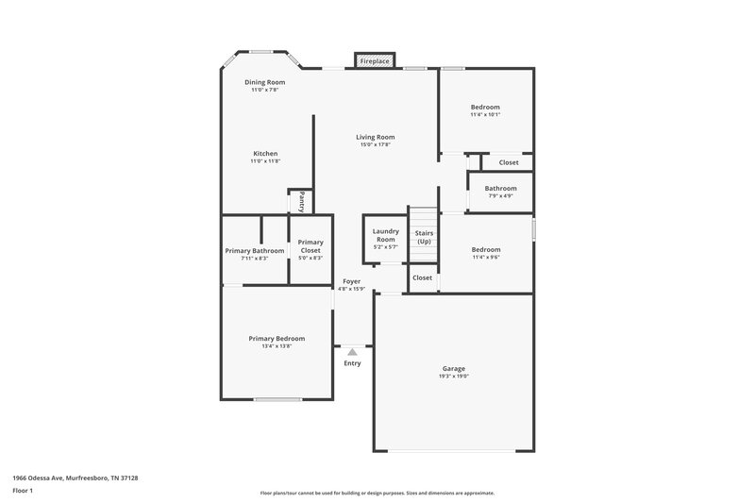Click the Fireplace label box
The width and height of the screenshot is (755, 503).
[x=374, y=61]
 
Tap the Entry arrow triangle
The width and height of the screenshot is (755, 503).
[x=352, y=351]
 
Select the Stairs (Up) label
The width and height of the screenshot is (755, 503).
[x=424, y=237]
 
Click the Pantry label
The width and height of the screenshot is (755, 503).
[x=301, y=201]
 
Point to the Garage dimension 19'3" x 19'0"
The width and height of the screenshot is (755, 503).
[x=453, y=376]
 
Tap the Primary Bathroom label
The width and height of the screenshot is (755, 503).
[x=254, y=250]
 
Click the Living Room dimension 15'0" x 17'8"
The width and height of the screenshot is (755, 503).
[x=375, y=144]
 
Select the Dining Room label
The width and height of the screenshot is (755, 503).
[x=264, y=82]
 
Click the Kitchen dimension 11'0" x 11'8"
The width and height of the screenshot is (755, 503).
[x=265, y=161]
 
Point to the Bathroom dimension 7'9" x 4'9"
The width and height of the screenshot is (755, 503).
[x=500, y=196]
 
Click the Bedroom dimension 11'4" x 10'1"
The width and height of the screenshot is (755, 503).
[x=485, y=115]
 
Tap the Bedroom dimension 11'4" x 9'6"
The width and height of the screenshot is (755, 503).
[x=485, y=258]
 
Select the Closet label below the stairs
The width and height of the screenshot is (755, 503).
[x=422, y=277]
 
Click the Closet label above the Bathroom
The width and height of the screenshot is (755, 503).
[x=508, y=162]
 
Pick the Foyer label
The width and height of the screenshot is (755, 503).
[x=351, y=281]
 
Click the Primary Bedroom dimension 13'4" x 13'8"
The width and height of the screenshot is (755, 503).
[x=277, y=346]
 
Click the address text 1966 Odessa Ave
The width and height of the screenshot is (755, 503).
[x=39, y=478]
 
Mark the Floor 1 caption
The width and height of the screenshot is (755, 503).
[x=22, y=492]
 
